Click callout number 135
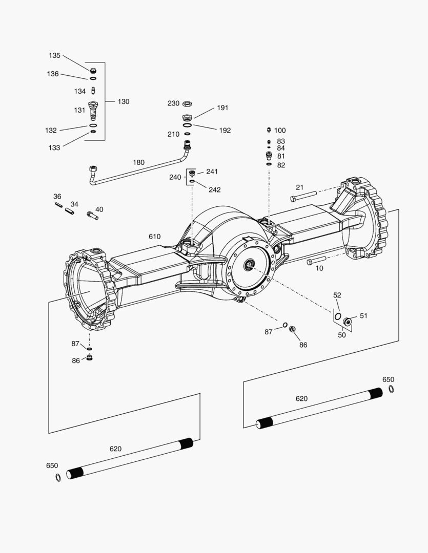pos(54,55)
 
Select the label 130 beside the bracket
pos(124,101)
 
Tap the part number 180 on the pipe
pos(138,162)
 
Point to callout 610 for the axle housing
pos(154,237)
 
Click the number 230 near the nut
pos(173,103)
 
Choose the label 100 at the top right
pos(280,131)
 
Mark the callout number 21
pos(299,187)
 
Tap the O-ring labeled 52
pos(337,316)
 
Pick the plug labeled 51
pos(348,322)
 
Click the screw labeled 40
pos(93,216)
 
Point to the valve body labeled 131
pos(93,110)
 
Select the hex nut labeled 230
pos(187,104)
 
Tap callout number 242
pos(214,190)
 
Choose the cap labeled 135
pos(93,71)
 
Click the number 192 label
pos(225,131)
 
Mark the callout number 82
pos(281,165)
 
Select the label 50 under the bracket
pos(341,335)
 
